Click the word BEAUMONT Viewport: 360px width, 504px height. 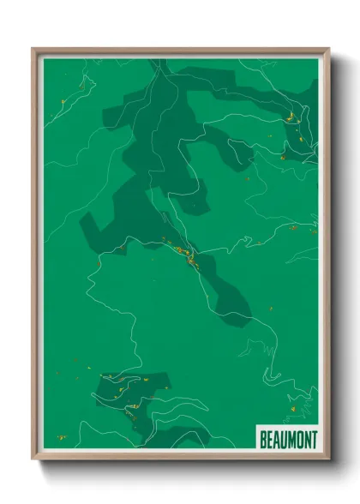pos(288,440)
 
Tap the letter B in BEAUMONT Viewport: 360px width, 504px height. pos(264,440)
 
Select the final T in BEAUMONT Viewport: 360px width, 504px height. pos(314,440)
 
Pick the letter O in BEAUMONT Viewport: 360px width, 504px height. pos(299,440)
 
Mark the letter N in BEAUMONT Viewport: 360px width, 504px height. pos(307,440)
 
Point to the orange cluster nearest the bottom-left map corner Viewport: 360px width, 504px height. pos(61,437)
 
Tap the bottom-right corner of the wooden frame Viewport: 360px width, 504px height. pos(328,461)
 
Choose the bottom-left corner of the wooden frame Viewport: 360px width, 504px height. pos(33,461)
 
